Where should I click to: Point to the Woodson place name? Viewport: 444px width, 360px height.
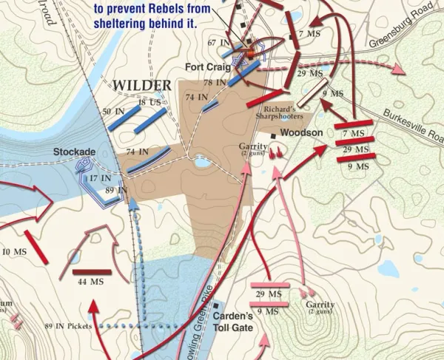pos(300,133)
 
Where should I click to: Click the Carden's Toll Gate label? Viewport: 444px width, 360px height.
pos(233,322)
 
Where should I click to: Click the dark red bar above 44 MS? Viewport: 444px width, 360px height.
pos(91,272)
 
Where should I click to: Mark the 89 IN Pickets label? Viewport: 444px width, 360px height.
pos(70,326)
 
